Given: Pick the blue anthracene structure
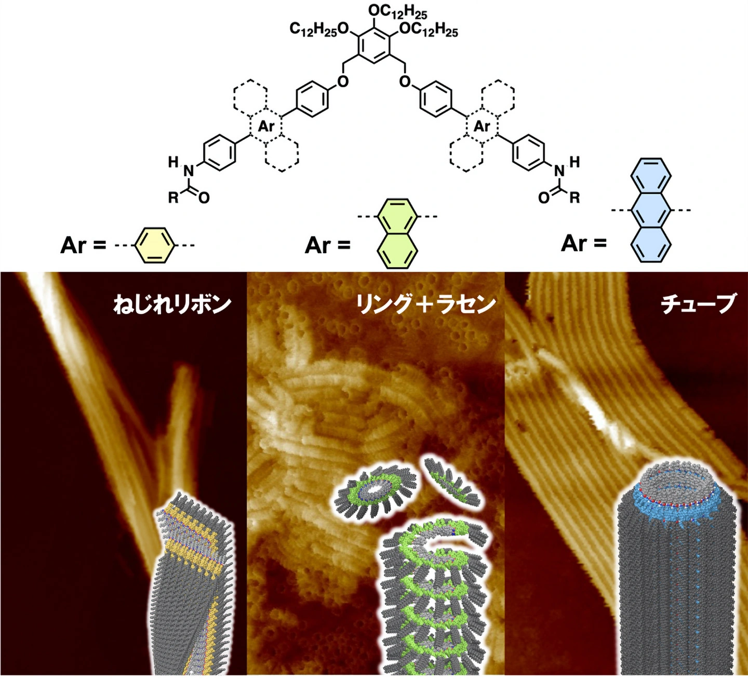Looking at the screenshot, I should (651, 210).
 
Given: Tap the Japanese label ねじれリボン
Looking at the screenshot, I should (172, 303).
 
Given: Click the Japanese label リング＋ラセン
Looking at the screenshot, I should (425, 303).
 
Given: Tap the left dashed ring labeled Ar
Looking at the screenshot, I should (266, 126).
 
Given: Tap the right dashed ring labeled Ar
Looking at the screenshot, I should (482, 126).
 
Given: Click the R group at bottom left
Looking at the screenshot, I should (173, 197).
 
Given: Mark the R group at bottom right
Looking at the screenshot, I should (575, 197).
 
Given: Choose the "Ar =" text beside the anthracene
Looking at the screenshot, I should (584, 243).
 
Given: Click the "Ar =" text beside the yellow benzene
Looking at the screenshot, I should (83, 245).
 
